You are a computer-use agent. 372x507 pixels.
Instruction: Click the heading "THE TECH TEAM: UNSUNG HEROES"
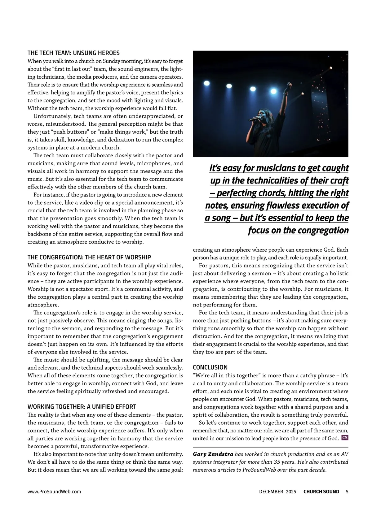click(x=73, y=53)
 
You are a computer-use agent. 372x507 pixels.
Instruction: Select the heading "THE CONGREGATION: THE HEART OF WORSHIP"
click(x=89, y=257)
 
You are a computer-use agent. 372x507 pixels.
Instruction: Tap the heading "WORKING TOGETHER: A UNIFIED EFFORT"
click(x=82, y=406)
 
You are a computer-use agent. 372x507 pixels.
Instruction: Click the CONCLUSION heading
click(x=210, y=367)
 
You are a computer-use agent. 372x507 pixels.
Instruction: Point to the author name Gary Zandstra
click(x=213, y=454)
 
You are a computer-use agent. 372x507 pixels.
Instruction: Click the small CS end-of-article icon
click(x=345, y=438)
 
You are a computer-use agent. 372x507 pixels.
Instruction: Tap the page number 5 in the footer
click(x=347, y=492)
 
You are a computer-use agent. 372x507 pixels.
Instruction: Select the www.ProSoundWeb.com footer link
click(x=54, y=492)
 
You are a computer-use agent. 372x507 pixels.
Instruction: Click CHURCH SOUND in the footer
click(x=321, y=492)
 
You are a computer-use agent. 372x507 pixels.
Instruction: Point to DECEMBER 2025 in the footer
click(x=277, y=492)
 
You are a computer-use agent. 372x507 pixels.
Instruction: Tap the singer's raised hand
click(x=289, y=84)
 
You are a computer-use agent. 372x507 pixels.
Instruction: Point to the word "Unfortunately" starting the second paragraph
click(x=52, y=116)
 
